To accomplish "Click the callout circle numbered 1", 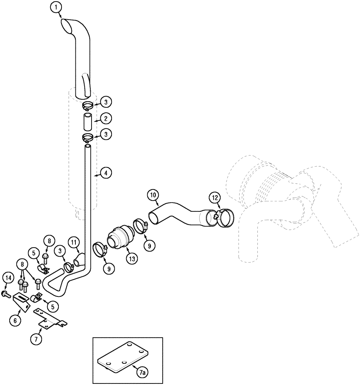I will pyautogui.click(x=56, y=7).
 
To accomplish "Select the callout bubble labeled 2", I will pyautogui.click(x=106, y=118).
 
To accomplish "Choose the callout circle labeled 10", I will pyautogui.click(x=153, y=196).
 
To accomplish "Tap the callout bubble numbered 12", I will pyautogui.click(x=215, y=198).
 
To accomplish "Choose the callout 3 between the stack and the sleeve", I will pyautogui.click(x=106, y=102).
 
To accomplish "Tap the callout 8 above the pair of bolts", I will pyautogui.click(x=22, y=264).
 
